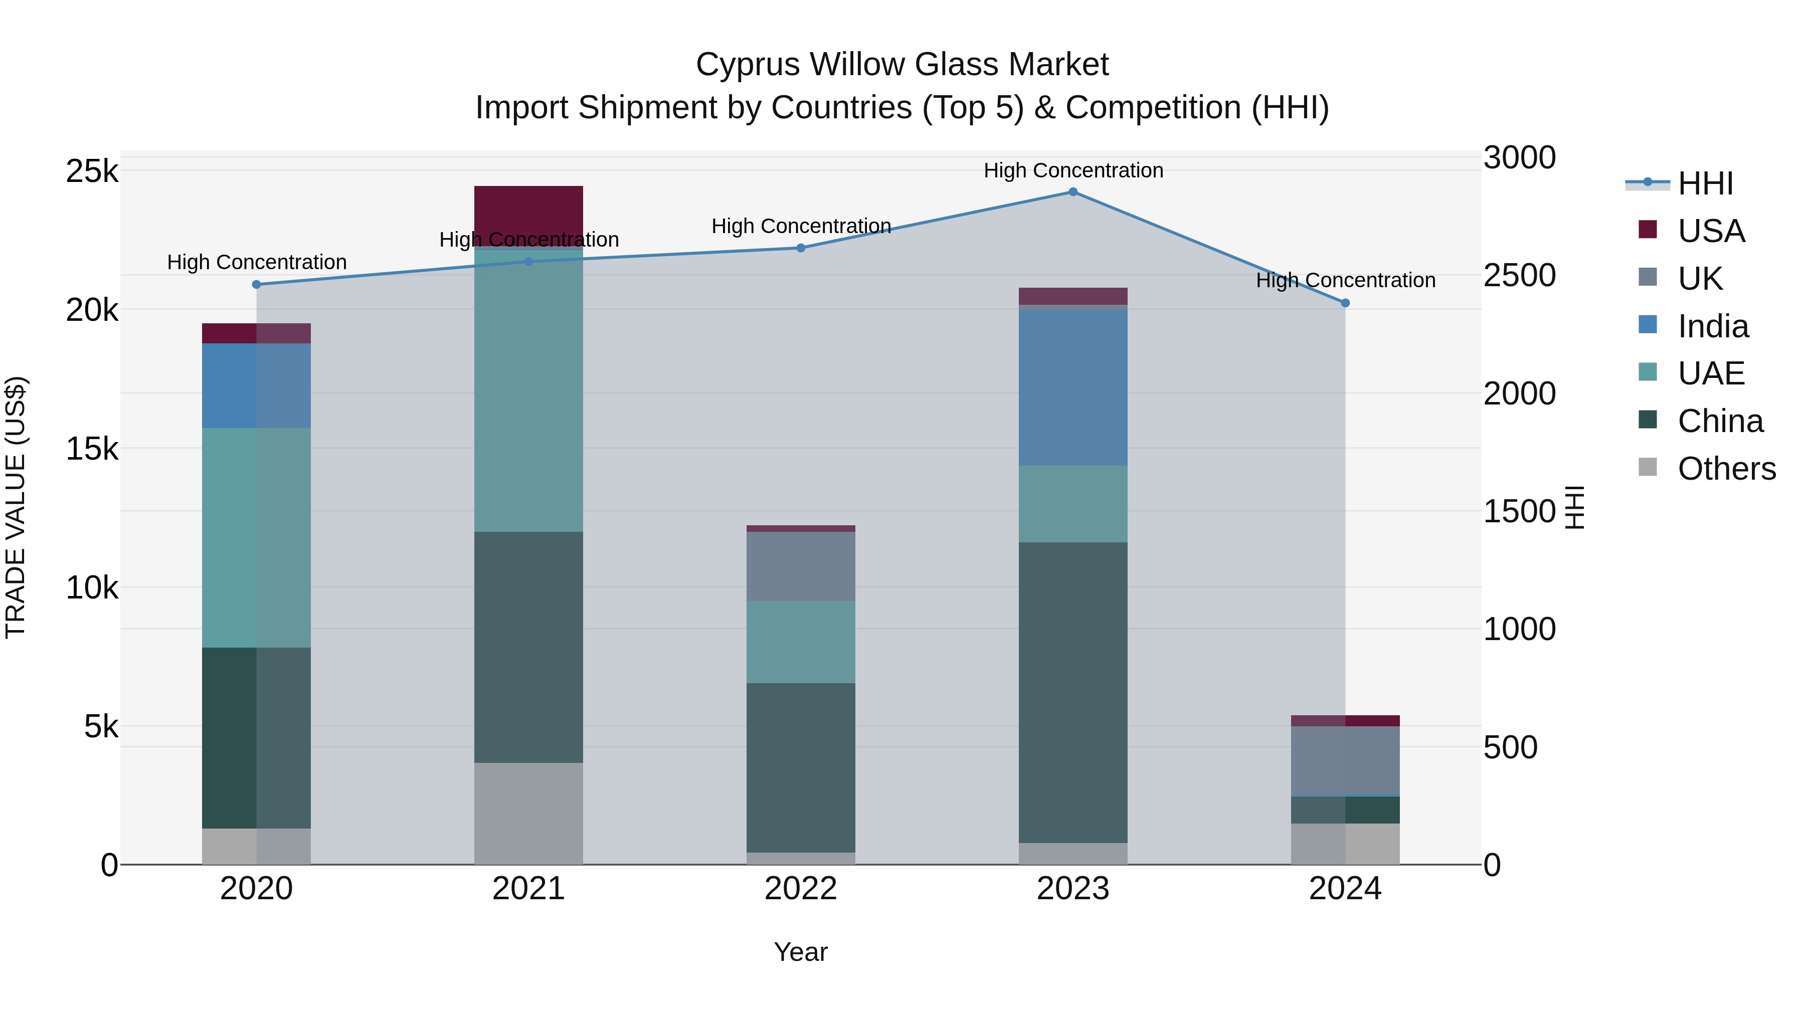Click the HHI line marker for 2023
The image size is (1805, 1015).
(x=1073, y=192)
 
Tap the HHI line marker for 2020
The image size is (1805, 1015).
(x=256, y=284)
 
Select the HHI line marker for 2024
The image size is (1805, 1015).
(x=1345, y=303)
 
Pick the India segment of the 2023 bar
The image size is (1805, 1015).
(x=1073, y=387)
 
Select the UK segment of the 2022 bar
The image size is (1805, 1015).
(x=801, y=566)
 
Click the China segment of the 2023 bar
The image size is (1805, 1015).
(x=1073, y=692)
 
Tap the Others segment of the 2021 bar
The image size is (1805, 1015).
(x=528, y=814)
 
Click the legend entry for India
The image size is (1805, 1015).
(x=1713, y=326)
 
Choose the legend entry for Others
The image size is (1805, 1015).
(x=1726, y=469)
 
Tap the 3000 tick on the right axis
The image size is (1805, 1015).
(x=1519, y=157)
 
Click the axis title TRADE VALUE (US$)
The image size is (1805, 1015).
(x=16, y=507)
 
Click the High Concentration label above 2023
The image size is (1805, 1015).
(x=1073, y=170)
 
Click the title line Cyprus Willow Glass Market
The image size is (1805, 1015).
(x=902, y=65)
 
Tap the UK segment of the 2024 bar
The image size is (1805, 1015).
(x=1345, y=761)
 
